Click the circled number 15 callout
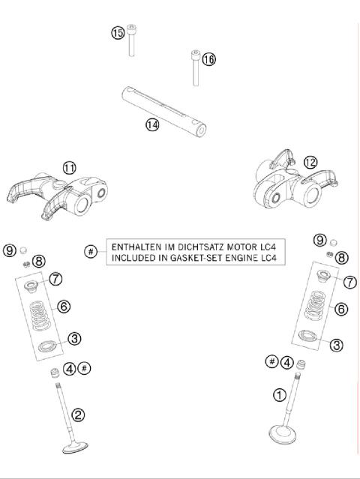click(x=118, y=34)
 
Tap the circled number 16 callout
click(x=208, y=59)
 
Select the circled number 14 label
click(x=152, y=124)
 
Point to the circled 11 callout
click(x=69, y=168)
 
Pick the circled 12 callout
click(x=310, y=162)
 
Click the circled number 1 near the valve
click(x=279, y=394)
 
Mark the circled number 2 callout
click(x=77, y=414)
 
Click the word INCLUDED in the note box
click(x=133, y=257)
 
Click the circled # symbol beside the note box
click(x=91, y=251)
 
